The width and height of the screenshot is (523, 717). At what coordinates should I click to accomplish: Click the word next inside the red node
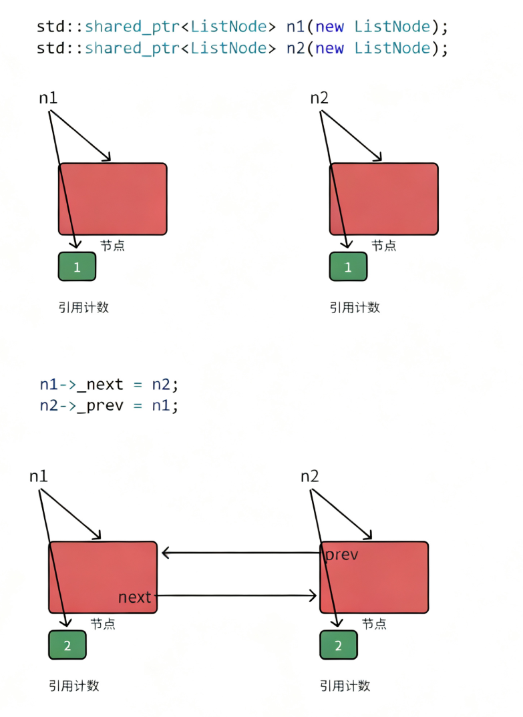coord(135,597)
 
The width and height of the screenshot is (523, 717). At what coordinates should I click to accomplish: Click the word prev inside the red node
coord(341,555)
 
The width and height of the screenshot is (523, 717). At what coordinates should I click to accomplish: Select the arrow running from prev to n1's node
coord(240,553)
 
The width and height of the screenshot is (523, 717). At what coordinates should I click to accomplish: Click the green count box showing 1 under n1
coord(77,267)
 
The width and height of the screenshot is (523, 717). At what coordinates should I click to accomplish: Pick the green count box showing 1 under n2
coord(348,267)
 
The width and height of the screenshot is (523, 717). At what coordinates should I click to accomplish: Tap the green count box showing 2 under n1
coord(67,646)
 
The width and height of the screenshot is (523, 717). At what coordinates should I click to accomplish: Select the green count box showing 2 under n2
coord(338,646)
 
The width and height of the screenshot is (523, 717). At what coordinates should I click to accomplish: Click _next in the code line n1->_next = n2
coord(100,385)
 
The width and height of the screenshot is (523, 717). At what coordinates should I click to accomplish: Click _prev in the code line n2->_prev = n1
coord(100,405)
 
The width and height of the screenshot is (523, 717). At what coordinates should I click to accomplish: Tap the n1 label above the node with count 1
coord(48,98)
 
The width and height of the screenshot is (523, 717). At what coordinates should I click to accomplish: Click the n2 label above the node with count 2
coord(309,477)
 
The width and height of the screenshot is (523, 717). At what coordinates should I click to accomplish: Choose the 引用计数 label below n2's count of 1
coord(355,308)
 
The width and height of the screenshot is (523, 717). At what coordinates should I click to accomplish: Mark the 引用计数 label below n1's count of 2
coord(73,686)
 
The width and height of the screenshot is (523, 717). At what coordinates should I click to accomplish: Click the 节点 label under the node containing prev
coord(374,624)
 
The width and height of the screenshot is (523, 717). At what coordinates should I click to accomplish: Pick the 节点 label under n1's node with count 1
coord(112,246)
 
